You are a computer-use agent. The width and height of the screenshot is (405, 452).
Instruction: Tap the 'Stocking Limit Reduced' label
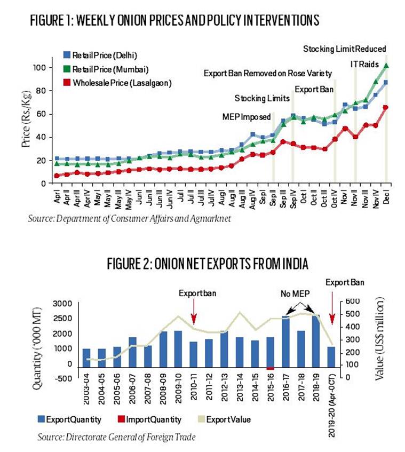pyautogui.click(x=344, y=49)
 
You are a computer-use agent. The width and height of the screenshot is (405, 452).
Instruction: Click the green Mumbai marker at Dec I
pyautogui.click(x=386, y=66)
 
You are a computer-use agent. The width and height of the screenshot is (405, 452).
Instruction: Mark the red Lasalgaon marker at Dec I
pyautogui.click(x=386, y=107)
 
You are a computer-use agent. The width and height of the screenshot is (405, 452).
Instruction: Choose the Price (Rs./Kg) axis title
pyautogui.click(x=26, y=118)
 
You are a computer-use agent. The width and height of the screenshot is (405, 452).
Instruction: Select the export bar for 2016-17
pyautogui.click(x=285, y=342)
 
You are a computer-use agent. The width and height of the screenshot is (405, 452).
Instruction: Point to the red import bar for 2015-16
pyautogui.click(x=271, y=368)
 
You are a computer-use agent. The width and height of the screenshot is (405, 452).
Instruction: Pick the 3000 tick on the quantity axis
pyautogui.click(x=62, y=304)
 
